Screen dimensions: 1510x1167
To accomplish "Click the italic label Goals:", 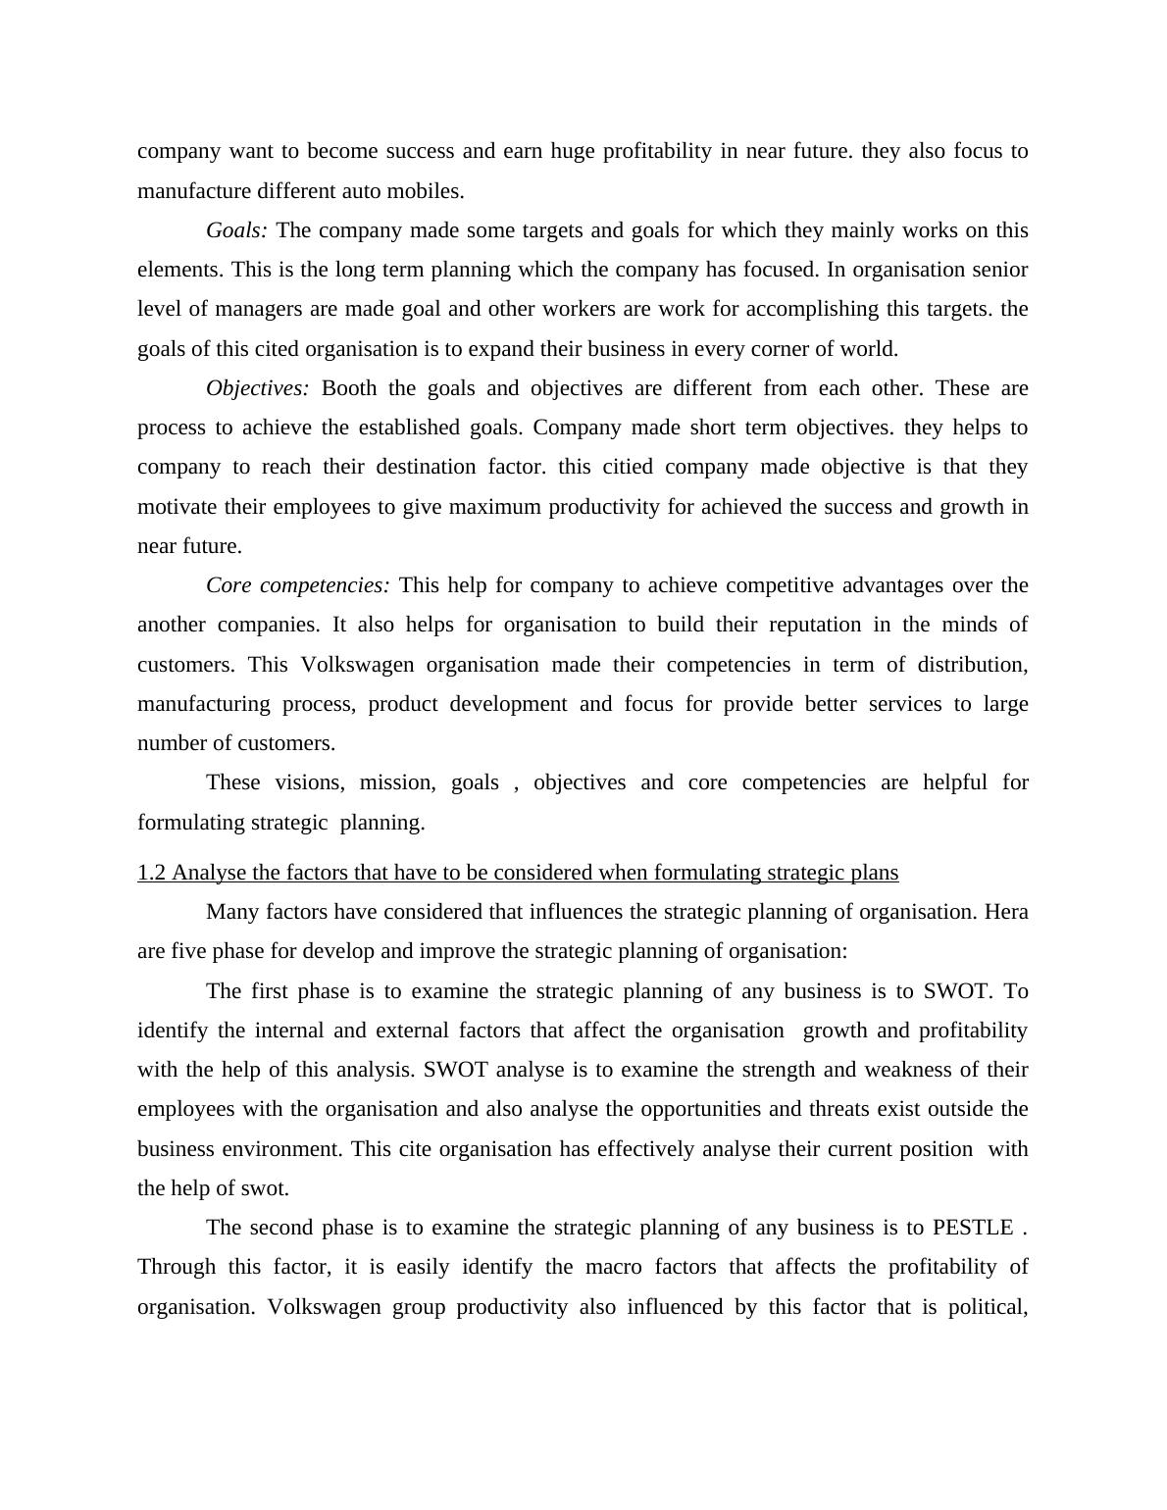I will click(236, 230).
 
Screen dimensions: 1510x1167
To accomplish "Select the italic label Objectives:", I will click(257, 388).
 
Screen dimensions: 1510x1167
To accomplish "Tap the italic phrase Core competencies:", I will click(297, 585).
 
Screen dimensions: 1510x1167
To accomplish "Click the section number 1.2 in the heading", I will click(152, 873).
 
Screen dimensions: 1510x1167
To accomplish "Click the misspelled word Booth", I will click(348, 388).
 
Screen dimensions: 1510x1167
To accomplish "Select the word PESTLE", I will click(972, 1228).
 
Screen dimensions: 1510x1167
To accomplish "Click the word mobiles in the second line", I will click(431, 191).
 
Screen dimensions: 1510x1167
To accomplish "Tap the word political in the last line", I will click(987, 1307).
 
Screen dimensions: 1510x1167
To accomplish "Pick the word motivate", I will click(177, 507).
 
